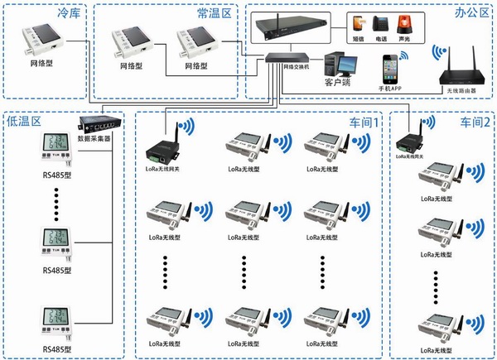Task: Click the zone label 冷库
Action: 69,14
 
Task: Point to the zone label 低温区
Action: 23,122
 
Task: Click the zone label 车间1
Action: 362,122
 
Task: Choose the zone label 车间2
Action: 475,122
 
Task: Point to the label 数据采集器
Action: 94,140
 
